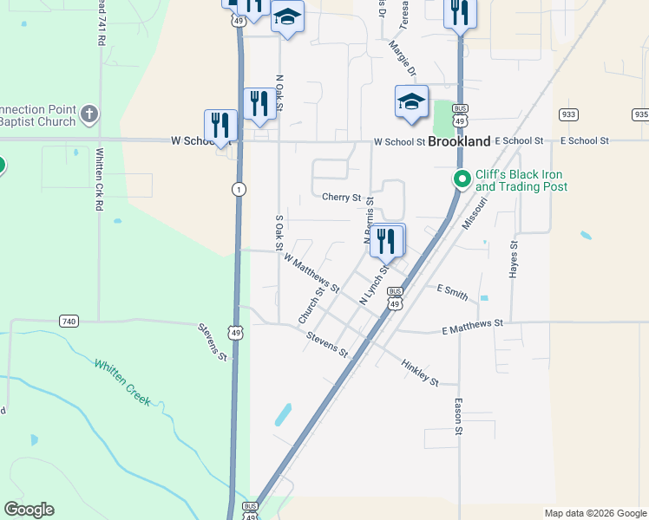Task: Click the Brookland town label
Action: (458, 140)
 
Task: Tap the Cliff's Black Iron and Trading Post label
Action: (521, 180)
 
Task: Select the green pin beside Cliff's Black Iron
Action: (462, 179)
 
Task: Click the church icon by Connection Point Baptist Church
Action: (89, 114)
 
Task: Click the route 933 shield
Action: (569, 114)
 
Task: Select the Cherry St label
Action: (341, 198)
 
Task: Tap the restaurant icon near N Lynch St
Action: (387, 240)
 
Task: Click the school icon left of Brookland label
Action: (411, 101)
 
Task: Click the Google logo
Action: (29, 510)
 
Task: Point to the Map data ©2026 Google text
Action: (594, 513)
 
